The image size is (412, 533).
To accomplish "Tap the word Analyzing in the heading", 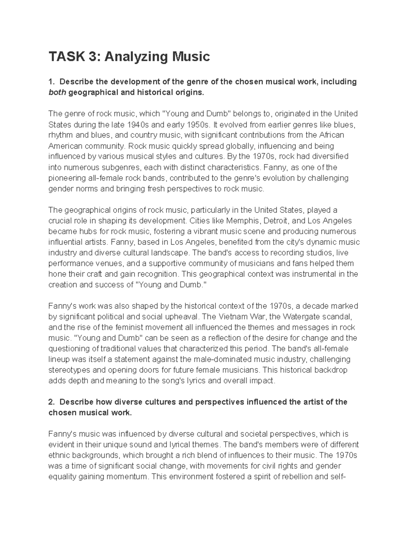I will [x=133, y=56].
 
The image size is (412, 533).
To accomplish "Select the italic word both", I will [x=57, y=92].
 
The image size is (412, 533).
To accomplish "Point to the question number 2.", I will [x=51, y=402].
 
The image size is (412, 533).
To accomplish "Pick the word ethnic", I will [x=57, y=455].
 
